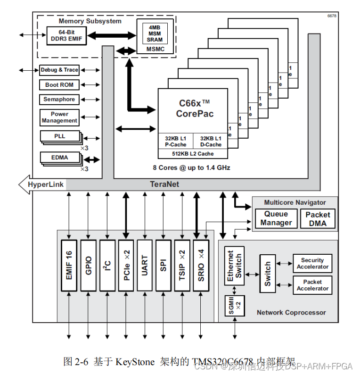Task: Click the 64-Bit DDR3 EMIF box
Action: pyautogui.click(x=67, y=36)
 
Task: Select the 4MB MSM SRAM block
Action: pyautogui.click(x=154, y=33)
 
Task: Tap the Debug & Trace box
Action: pyautogui.click(x=59, y=70)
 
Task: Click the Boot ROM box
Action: pyautogui.click(x=59, y=85)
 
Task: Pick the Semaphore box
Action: pyautogui.click(x=59, y=100)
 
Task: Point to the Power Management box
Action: pyautogui.click(x=59, y=117)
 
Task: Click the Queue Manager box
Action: pyautogui.click(x=276, y=218)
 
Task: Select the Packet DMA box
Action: pyautogui.click(x=318, y=218)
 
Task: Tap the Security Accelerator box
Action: pyautogui.click(x=312, y=263)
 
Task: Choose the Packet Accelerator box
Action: pyautogui.click(x=312, y=285)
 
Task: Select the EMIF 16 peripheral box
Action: pyautogui.click(x=69, y=266)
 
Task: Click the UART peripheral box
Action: pyautogui.click(x=145, y=266)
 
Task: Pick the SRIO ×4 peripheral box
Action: pyautogui.click(x=201, y=266)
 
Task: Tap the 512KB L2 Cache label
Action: pyautogui.click(x=193, y=154)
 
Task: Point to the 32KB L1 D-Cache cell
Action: pyautogui.click(x=210, y=142)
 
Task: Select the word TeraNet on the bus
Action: pyautogui.click(x=164, y=184)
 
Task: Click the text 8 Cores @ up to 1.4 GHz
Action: pyautogui.click(x=191, y=167)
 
